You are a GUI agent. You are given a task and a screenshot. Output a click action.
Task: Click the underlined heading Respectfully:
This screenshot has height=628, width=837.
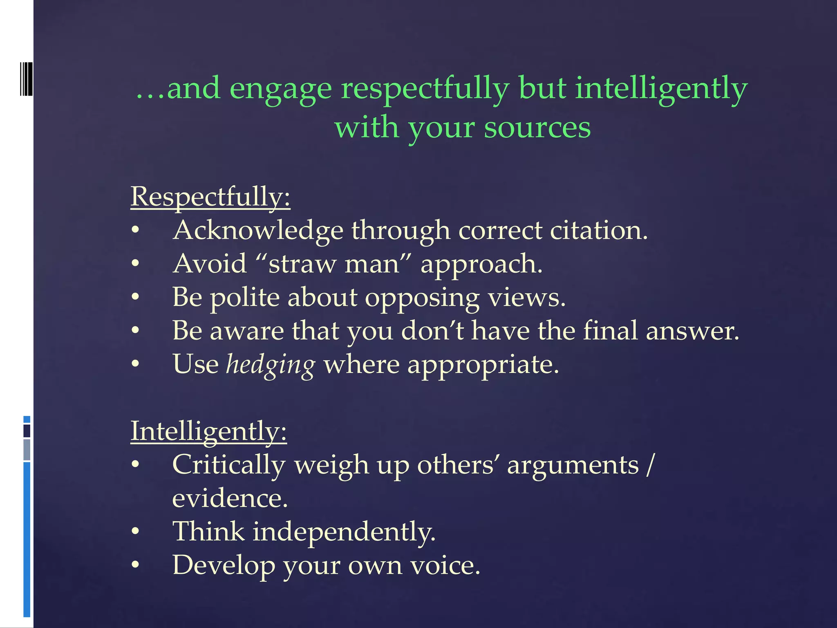(210, 197)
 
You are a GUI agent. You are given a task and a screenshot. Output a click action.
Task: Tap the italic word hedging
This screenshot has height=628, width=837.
(271, 364)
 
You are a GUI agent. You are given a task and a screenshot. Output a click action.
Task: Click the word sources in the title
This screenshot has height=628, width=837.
(537, 128)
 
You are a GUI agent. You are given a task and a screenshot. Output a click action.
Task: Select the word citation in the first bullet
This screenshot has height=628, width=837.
(598, 230)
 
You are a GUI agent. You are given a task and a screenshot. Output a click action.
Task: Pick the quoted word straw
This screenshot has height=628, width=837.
(301, 264)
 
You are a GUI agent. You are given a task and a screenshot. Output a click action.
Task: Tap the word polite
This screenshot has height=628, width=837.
(244, 297)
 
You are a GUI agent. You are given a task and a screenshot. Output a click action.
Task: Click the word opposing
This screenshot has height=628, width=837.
(422, 298)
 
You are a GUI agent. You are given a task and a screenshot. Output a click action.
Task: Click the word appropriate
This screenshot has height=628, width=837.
(482, 365)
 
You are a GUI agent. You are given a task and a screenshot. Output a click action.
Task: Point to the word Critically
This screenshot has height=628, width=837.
(228, 465)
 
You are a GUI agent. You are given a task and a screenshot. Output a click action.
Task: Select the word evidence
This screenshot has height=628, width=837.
(230, 498)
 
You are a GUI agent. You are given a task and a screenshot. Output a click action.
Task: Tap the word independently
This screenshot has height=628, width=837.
(344, 532)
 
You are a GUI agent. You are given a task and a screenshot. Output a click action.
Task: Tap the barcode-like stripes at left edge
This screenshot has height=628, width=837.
(26, 79)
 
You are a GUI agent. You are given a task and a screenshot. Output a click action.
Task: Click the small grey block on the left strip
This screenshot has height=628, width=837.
(27, 450)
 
